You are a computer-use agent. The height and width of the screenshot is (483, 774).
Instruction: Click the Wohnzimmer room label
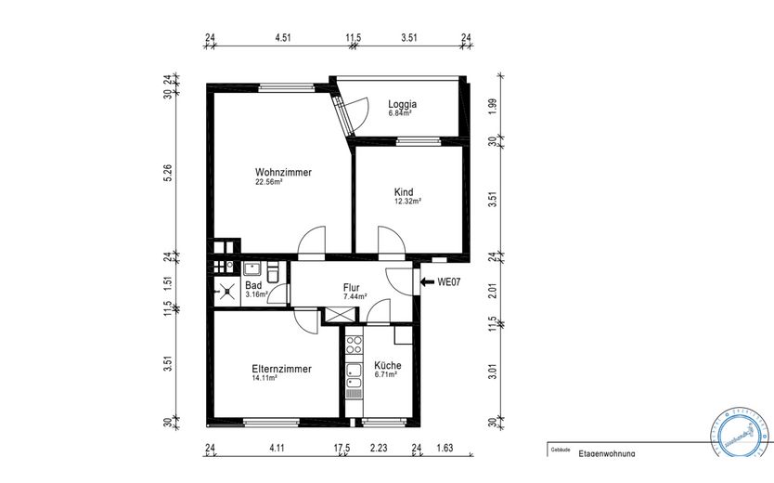(283, 172)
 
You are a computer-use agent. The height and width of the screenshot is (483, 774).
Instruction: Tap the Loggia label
(402, 104)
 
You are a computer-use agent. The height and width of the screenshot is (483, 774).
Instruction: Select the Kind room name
(404, 191)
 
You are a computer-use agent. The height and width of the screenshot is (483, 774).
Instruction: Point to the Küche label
(387, 366)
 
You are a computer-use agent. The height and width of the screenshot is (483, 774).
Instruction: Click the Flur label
(352, 288)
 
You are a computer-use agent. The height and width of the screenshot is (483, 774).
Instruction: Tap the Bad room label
(253, 285)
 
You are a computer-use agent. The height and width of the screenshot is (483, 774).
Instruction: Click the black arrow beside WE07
(426, 281)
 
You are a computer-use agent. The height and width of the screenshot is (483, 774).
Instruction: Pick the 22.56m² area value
(269, 182)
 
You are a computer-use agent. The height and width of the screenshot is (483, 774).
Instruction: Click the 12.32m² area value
(408, 202)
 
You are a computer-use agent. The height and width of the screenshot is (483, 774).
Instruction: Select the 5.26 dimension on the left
(168, 173)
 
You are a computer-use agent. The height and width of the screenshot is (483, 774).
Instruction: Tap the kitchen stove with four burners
(353, 346)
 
